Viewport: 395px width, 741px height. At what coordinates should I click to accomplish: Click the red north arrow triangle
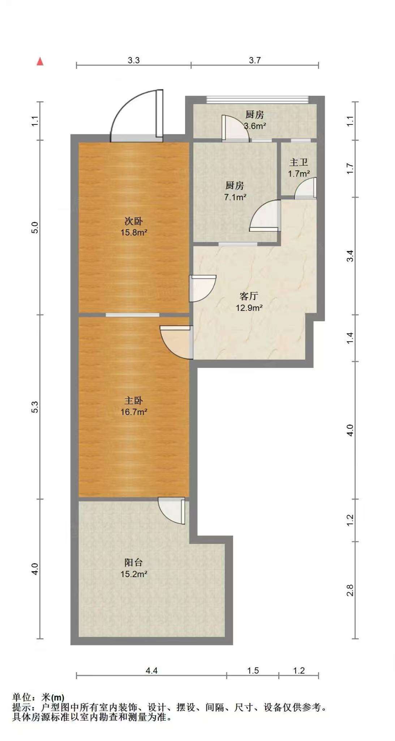(x=40, y=61)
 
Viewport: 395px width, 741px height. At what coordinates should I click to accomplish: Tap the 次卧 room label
(x=134, y=221)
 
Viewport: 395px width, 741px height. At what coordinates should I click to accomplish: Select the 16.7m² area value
(x=134, y=412)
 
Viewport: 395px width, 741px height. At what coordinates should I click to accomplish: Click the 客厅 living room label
(x=249, y=296)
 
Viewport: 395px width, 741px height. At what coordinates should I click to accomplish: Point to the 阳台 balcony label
(x=134, y=562)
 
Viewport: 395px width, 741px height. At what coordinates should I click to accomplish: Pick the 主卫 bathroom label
(x=299, y=162)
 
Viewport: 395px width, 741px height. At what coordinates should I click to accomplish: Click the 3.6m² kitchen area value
(x=255, y=126)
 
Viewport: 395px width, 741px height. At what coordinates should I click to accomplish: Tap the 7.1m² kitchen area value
(x=235, y=197)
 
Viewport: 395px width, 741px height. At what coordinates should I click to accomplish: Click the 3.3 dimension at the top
(x=134, y=60)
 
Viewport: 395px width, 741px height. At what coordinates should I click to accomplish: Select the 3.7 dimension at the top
(x=255, y=60)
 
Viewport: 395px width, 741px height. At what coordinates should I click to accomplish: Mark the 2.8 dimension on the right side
(x=350, y=590)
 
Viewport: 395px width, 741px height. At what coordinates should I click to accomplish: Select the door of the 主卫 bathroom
(x=306, y=188)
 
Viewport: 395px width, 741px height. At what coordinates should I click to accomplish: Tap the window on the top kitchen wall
(x=257, y=99)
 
